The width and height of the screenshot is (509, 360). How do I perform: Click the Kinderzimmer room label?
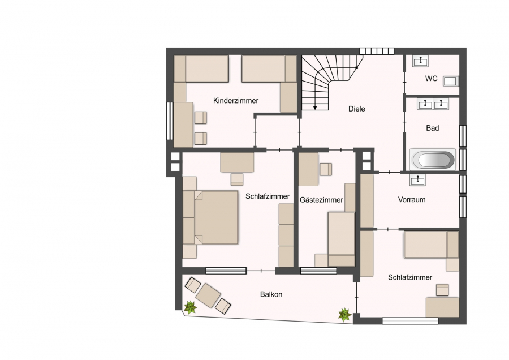pyautogui.click(x=236, y=101)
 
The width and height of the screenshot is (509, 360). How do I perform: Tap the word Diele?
pyautogui.click(x=357, y=109)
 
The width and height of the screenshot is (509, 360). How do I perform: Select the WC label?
pyautogui.click(x=432, y=79)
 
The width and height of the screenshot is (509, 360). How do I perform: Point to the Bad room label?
pyautogui.click(x=433, y=128)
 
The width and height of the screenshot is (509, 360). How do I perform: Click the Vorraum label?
pyautogui.click(x=412, y=199)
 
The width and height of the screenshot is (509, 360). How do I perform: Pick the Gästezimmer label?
pyautogui.click(x=321, y=200)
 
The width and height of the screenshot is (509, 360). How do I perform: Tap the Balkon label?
pyautogui.click(x=271, y=294)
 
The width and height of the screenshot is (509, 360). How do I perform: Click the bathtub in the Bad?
pyautogui.click(x=433, y=160)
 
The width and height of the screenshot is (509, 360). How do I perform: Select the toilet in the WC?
pyautogui.click(x=451, y=82)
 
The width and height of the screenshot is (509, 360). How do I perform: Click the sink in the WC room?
pyautogui.click(x=420, y=61)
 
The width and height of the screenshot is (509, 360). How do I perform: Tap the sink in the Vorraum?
pyautogui.click(x=417, y=179)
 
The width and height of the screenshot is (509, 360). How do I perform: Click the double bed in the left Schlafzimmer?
pyautogui.click(x=210, y=217)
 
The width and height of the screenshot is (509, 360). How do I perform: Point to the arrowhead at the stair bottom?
pyautogui.click(x=315, y=108)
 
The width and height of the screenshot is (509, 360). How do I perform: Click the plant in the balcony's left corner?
pyautogui.click(x=190, y=307)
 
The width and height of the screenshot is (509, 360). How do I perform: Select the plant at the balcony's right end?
pyautogui.click(x=344, y=315)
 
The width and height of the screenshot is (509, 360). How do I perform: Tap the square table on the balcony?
pyautogui.click(x=208, y=295)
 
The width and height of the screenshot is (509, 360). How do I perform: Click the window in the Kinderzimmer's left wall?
pyautogui.click(x=170, y=121)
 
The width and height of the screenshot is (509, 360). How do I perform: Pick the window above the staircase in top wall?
pyautogui.click(x=377, y=51)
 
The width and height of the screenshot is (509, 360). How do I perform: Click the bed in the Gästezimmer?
pyautogui.click(x=342, y=239)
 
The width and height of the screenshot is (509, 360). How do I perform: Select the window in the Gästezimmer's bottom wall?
pyautogui.click(x=318, y=271)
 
